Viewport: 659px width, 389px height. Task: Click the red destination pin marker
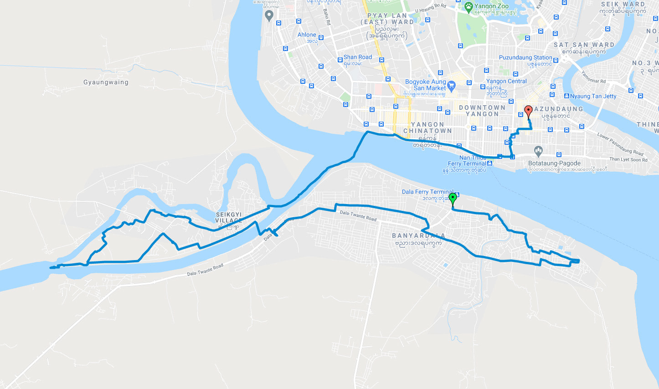pyautogui.click(x=528, y=111)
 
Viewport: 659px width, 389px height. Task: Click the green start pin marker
pyautogui.click(x=453, y=198)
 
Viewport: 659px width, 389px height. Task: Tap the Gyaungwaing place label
pyautogui.click(x=106, y=82)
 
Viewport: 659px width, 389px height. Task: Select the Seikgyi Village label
pyautogui.click(x=229, y=218)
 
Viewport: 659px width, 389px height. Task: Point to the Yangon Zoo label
pyautogui.click(x=491, y=6)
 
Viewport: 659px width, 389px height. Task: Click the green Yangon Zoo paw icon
pyautogui.click(x=469, y=6)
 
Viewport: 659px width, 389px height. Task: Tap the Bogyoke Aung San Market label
pyautogui.click(x=426, y=85)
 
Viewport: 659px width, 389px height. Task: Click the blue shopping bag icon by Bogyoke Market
pyautogui.click(x=452, y=85)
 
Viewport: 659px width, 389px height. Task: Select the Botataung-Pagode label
pyautogui.click(x=554, y=163)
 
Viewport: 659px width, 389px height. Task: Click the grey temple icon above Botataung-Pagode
pyautogui.click(x=538, y=150)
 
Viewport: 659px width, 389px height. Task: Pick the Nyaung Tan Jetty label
pyautogui.click(x=593, y=96)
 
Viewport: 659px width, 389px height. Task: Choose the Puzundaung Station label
pyautogui.click(x=525, y=57)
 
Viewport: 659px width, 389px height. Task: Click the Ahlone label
pyautogui.click(x=307, y=35)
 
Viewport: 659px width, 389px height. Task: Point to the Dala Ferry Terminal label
pyautogui.click(x=427, y=192)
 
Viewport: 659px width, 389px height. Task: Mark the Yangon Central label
pyautogui.click(x=506, y=81)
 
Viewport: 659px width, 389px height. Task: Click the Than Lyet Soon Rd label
pyautogui.click(x=628, y=159)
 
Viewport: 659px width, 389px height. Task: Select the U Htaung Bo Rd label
pyautogui.click(x=431, y=8)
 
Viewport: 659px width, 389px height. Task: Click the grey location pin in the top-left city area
pyautogui.click(x=269, y=16)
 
